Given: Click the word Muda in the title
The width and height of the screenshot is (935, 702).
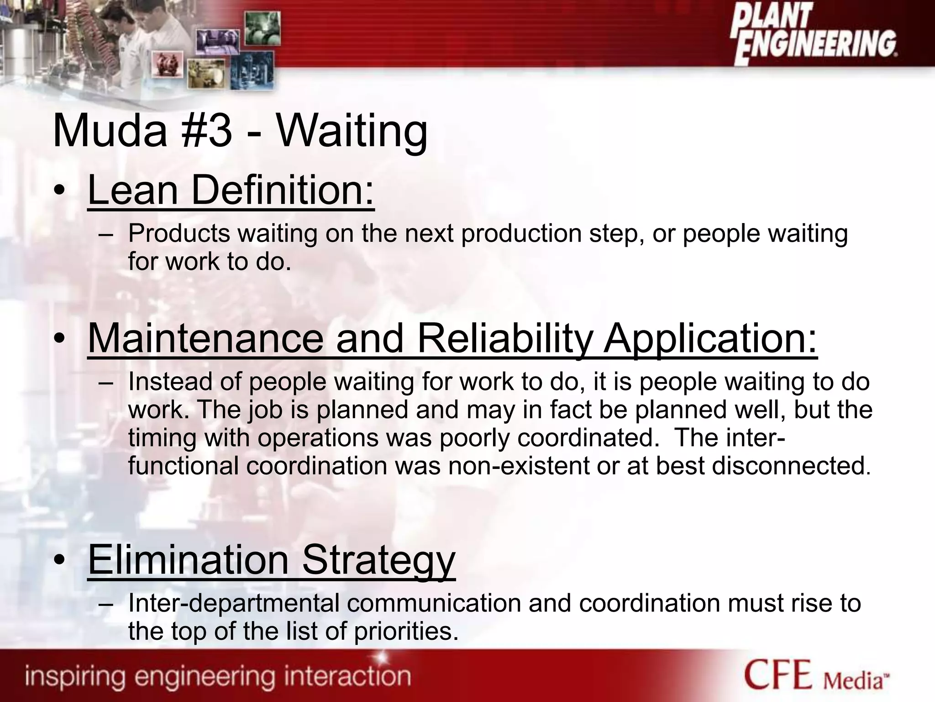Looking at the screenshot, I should (110, 132).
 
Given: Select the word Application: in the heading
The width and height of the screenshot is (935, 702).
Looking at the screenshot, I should (710, 339).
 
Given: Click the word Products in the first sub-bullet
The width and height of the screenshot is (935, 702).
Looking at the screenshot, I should (179, 234).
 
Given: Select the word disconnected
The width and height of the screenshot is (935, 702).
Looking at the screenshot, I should (785, 466).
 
